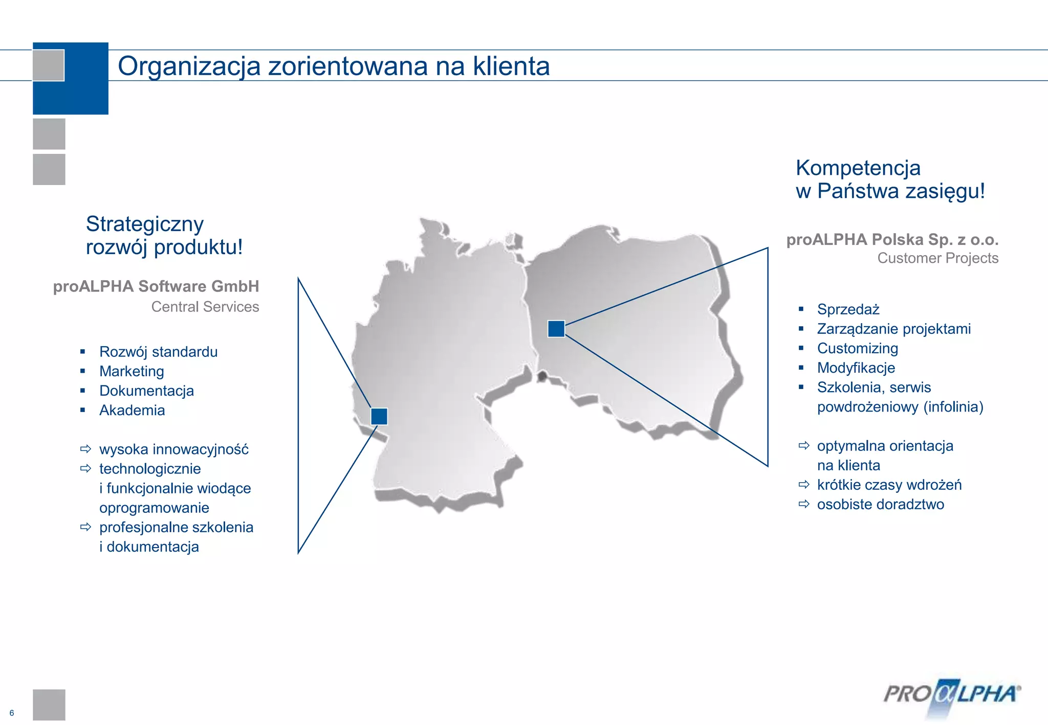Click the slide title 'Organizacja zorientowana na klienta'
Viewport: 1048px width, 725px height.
(334, 66)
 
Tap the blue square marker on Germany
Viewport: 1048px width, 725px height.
(379, 416)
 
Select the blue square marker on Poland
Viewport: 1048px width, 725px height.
(556, 329)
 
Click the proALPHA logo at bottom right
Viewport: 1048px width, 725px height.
(952, 695)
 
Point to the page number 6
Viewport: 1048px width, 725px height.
(12, 713)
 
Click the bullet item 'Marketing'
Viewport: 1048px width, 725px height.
(132, 371)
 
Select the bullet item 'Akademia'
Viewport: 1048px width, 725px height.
(132, 410)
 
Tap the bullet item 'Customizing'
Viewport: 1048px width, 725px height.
(858, 348)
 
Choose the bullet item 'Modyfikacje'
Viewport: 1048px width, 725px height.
(856, 368)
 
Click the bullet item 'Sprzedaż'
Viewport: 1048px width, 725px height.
(848, 309)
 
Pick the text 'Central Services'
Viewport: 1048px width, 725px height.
(205, 307)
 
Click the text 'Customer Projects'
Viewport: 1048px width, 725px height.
(937, 258)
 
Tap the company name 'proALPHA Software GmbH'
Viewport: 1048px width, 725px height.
(156, 286)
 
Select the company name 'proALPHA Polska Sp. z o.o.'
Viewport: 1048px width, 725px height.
(892, 239)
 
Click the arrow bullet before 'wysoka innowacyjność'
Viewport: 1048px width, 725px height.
(85, 449)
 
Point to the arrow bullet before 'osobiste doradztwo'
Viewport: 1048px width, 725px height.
(804, 504)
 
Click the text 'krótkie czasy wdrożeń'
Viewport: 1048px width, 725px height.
(889, 485)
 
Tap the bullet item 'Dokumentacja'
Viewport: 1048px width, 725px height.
(146, 391)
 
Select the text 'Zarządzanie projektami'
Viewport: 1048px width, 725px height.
(893, 329)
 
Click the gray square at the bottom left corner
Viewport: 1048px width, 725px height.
(49, 705)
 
